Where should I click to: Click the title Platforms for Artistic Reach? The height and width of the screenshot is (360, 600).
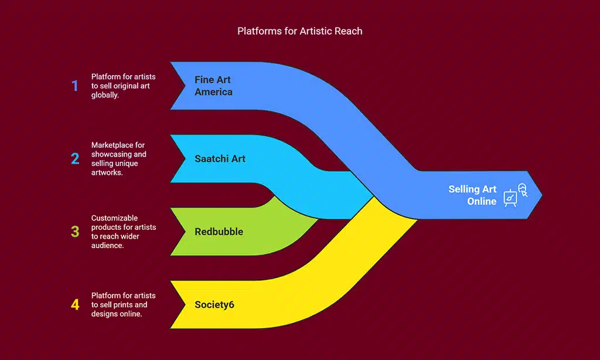coord(299,31)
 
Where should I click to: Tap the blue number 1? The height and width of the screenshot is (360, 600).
coord(74,86)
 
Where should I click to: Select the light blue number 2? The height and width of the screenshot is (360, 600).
coord(75,159)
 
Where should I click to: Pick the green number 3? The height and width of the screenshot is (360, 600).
coord(75,232)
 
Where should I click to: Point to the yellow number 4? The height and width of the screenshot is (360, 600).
coord(75,304)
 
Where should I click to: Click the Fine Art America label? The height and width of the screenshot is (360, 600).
coord(213,86)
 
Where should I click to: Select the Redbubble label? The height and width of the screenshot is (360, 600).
coord(219,232)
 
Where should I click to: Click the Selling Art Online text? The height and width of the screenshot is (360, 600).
coord(472,195)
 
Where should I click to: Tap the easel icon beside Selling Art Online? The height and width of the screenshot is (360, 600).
coord(514,195)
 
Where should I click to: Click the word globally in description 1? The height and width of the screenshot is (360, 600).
coord(105,96)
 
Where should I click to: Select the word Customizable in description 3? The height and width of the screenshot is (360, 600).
coord(115,218)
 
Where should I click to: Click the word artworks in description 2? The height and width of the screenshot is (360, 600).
coord(107,173)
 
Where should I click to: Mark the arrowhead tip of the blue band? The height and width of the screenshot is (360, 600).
coord(541,195)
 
